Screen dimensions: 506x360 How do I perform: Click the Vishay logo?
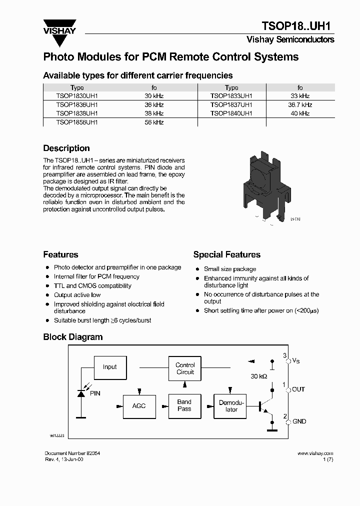pyautogui.click(x=59, y=27)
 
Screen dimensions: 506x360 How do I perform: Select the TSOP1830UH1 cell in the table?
pyautogui.click(x=77, y=95)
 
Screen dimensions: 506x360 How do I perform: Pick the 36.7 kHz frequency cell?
pyautogui.click(x=300, y=105)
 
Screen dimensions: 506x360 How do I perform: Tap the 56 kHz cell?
pyautogui.click(x=154, y=122)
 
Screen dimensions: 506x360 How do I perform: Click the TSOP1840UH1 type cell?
pyautogui.click(x=231, y=113)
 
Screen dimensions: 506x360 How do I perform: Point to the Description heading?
pyautogui.click(x=66, y=148)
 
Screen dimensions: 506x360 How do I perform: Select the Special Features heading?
pyautogui.click(x=226, y=254)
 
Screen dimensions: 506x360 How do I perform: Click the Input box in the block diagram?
pyautogui.click(x=109, y=367)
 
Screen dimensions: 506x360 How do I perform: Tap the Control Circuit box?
pyautogui.click(x=185, y=368)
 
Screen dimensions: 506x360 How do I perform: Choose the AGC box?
pyautogui.click(x=139, y=405)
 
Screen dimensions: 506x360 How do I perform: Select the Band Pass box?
pyautogui.click(x=184, y=405)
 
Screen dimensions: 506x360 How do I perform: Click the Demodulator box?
pyautogui.click(x=231, y=405)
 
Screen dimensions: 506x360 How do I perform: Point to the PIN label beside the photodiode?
pyautogui.click(x=95, y=393)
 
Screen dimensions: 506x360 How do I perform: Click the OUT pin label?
pyautogui.click(x=298, y=389)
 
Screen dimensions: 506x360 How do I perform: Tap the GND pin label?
pyautogui.click(x=299, y=421)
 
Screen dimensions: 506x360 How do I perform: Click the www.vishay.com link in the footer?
pyautogui.click(x=315, y=453)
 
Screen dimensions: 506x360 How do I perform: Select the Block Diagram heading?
pyautogui.click(x=73, y=337)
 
